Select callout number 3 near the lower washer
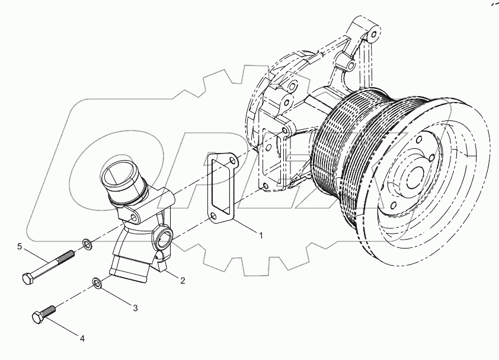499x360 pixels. click(x=135, y=308)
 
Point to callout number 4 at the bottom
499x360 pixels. click(x=82, y=339)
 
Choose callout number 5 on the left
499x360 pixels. click(x=20, y=246)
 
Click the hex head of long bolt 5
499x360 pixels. click(x=27, y=278)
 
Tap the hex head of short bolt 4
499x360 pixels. click(x=37, y=317)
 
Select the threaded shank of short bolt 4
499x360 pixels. click(x=50, y=310)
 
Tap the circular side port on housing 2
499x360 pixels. click(x=164, y=240)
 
